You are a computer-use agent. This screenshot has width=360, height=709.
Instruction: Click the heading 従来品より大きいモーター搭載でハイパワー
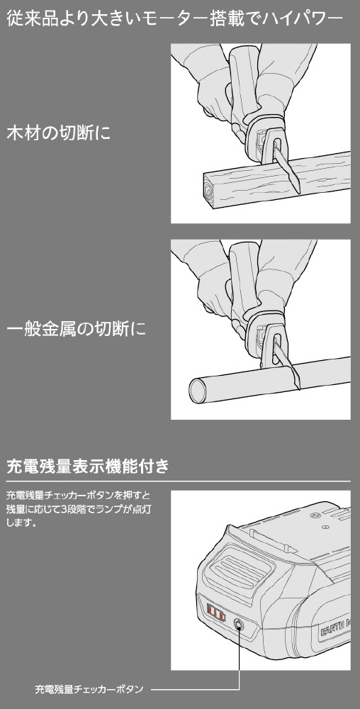click(x=174, y=20)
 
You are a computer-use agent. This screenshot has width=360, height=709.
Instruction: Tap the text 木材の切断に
click(x=58, y=133)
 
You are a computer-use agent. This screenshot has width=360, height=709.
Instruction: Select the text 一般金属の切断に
click(x=76, y=329)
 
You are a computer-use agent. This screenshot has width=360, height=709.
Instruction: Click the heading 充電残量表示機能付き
click(x=88, y=466)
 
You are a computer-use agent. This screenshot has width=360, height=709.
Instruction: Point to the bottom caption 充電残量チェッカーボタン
click(x=89, y=689)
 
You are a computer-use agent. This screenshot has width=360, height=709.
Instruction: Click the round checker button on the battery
click(x=238, y=625)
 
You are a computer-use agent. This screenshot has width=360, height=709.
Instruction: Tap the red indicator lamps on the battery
click(x=216, y=614)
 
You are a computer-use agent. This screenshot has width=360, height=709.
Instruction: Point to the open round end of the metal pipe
click(x=197, y=389)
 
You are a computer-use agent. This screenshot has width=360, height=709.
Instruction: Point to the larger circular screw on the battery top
click(x=316, y=515)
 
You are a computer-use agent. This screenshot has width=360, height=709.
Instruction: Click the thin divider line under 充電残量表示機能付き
click(x=179, y=481)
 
